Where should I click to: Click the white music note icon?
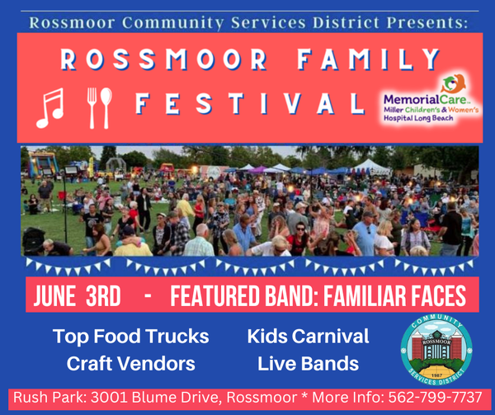pyautogui.click(x=49, y=108)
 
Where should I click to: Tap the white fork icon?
pyautogui.click(x=92, y=108)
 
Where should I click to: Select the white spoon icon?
pyautogui.click(x=106, y=108)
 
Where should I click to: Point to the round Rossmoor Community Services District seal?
pyautogui.click(x=436, y=351)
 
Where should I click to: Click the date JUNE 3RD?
pyautogui.click(x=78, y=295)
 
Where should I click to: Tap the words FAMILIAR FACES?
pyautogui.click(x=394, y=295)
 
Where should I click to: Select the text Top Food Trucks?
pyautogui.click(x=130, y=337)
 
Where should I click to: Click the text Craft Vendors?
pyautogui.click(x=130, y=364)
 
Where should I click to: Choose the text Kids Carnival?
pyautogui.click(x=308, y=336)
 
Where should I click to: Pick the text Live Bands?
pyautogui.click(x=308, y=364)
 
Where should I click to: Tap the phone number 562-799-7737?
pyautogui.click(x=435, y=398)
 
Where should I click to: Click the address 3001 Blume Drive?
pyautogui.click(x=155, y=398)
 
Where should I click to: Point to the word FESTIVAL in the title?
pyautogui.click(x=250, y=103)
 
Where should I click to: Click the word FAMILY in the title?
pyautogui.click(x=368, y=59)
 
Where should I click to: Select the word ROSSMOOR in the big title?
pyautogui.click(x=164, y=59)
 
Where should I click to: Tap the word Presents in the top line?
pyautogui.click(x=427, y=23)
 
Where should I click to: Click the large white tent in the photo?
pyautogui.click(x=371, y=167)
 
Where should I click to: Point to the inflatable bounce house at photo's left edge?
pyautogui.click(x=42, y=164)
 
